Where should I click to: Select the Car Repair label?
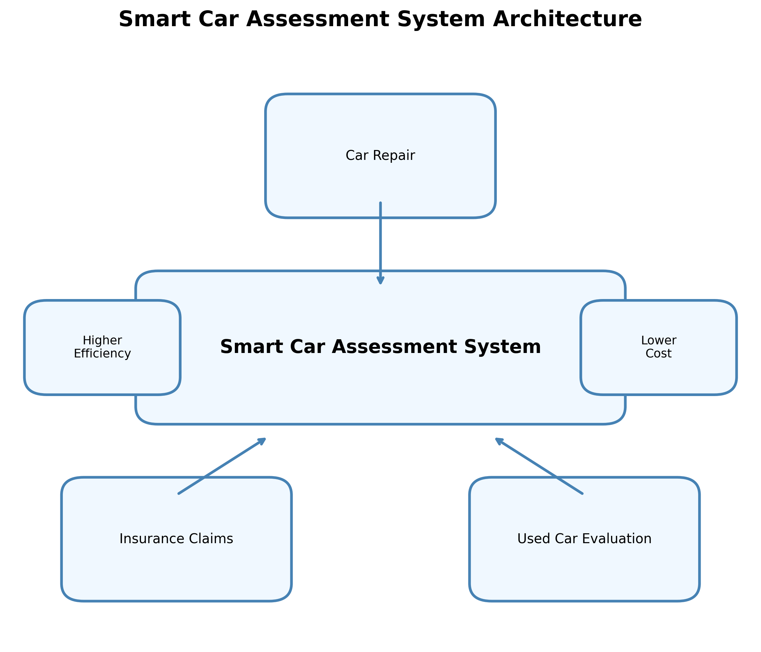380,156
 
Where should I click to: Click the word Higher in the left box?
102,341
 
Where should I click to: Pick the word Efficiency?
102,354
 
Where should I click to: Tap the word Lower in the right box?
659,341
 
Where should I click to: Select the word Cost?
659,354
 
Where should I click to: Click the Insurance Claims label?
176,539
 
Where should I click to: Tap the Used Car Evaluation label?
584,539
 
